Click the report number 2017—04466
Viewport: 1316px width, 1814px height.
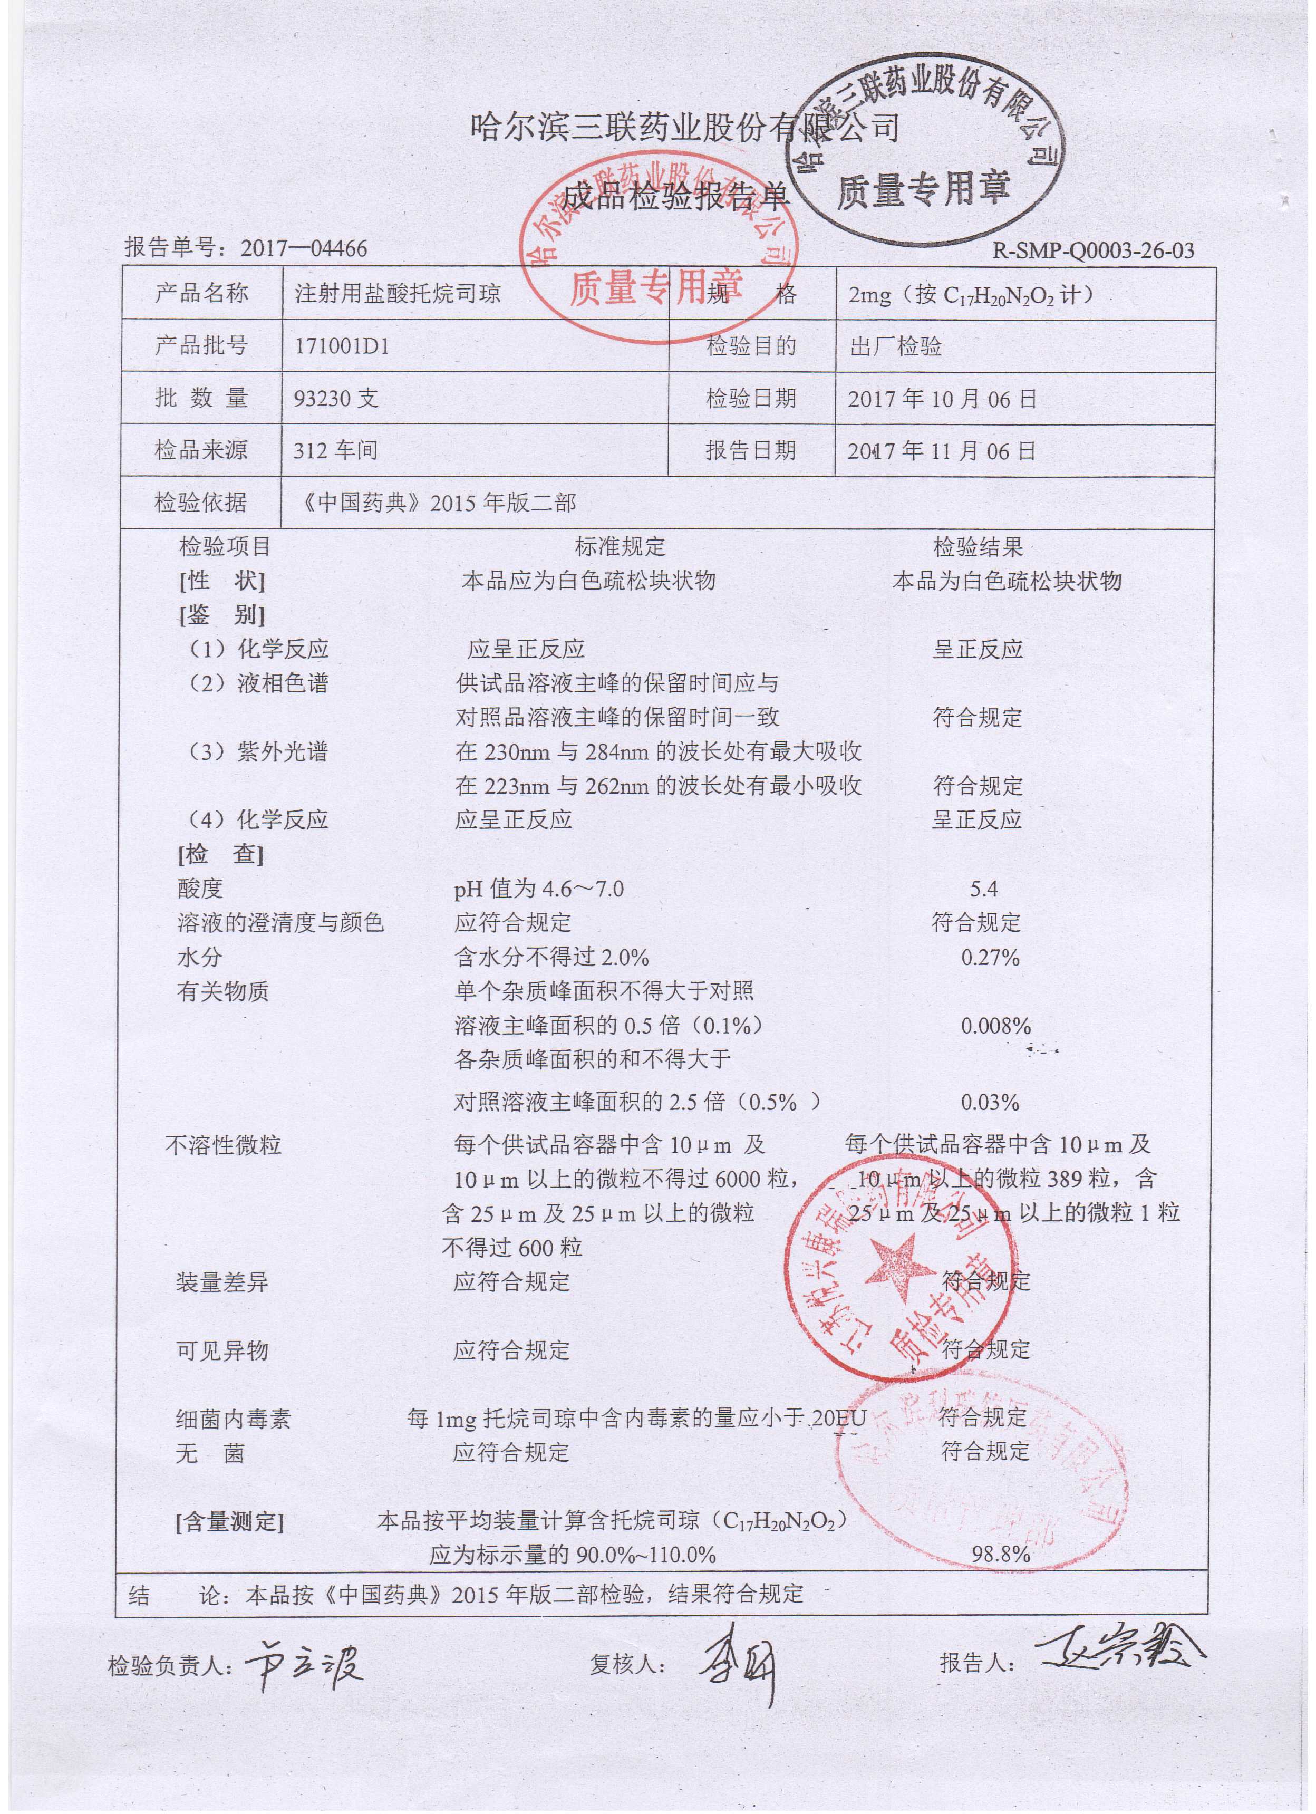pyautogui.click(x=304, y=249)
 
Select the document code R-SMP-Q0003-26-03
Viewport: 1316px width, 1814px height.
pyautogui.click(x=1093, y=251)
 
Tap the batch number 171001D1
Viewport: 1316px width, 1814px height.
pyautogui.click(x=342, y=346)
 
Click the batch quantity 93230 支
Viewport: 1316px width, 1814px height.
pyautogui.click(x=336, y=398)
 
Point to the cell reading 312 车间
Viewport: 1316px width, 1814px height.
pyautogui.click(x=336, y=450)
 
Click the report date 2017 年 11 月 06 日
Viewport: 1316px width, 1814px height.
pyautogui.click(x=942, y=451)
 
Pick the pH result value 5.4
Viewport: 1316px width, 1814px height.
pyautogui.click(x=981, y=889)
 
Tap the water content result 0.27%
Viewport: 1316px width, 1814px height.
pyautogui.click(x=990, y=958)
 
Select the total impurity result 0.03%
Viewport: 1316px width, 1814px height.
pyautogui.click(x=990, y=1103)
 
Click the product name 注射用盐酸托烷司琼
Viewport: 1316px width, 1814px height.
pyautogui.click(x=398, y=294)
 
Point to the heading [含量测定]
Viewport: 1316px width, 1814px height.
pyautogui.click(x=230, y=1522)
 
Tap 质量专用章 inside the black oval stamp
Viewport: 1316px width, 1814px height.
pyautogui.click(x=923, y=189)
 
